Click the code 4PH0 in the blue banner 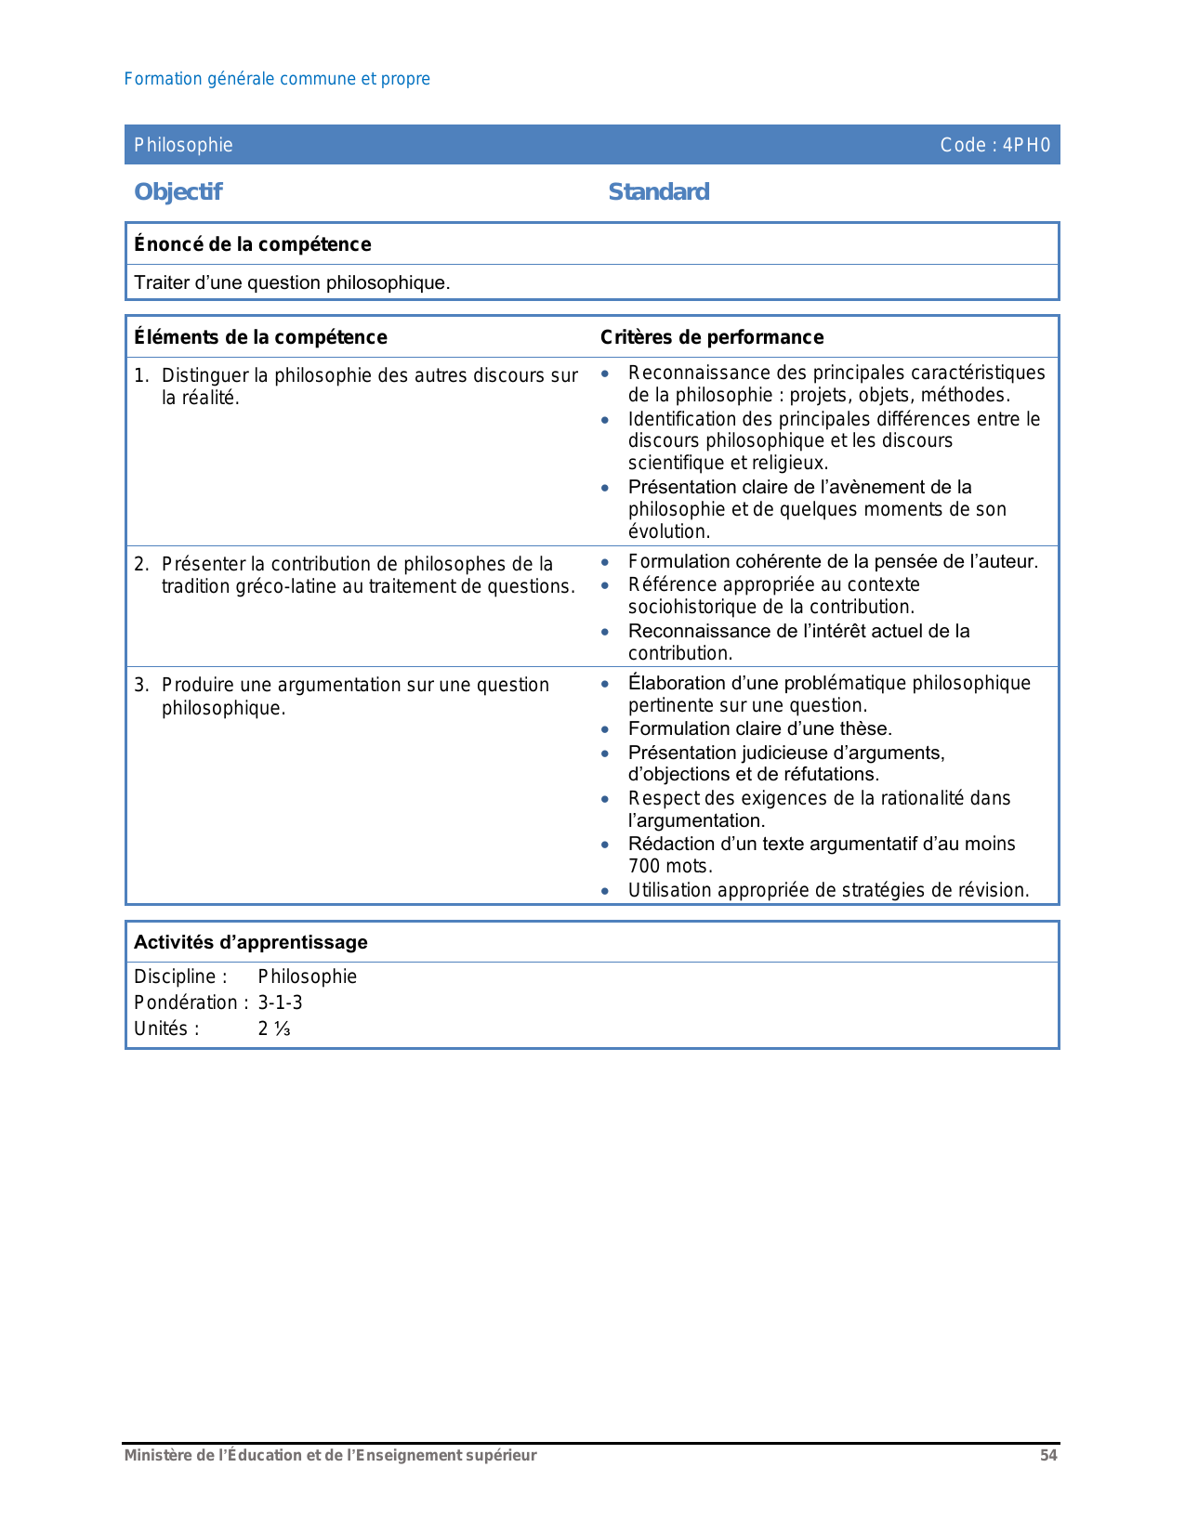[x=1026, y=145]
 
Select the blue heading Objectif [x=178, y=192]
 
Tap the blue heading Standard [x=659, y=192]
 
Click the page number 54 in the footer [x=1048, y=1455]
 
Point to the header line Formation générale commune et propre [x=277, y=79]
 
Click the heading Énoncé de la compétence [x=253, y=244]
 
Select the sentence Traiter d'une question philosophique [x=292, y=282]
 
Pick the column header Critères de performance [x=712, y=337]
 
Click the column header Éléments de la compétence [x=260, y=337]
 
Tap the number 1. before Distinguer [x=141, y=375]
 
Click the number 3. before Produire [x=141, y=685]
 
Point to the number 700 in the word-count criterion [x=645, y=866]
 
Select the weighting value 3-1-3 [x=280, y=1002]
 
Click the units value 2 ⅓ [x=274, y=1029]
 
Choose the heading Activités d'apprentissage [x=251, y=942]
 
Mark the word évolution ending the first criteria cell [x=668, y=531]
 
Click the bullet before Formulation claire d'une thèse [x=605, y=729]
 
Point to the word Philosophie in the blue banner [x=183, y=145]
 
